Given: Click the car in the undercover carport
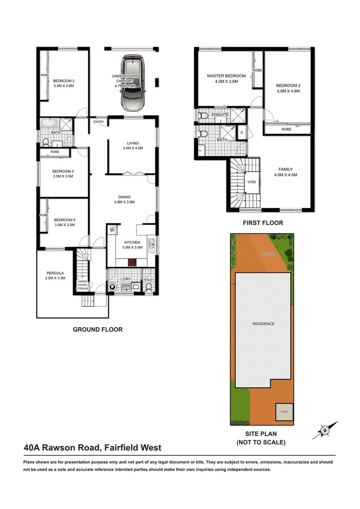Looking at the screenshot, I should [133, 83].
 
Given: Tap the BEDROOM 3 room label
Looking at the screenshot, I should [64, 81].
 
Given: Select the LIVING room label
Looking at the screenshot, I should [132, 143].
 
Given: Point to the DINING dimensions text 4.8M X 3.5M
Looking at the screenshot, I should [124, 202].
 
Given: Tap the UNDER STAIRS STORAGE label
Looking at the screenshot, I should [82, 285].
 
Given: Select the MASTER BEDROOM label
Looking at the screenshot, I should [226, 76].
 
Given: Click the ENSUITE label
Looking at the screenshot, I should [220, 115].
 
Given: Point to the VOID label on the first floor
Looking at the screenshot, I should [251, 182].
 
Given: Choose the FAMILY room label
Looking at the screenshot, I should [286, 170].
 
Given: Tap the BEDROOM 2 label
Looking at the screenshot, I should [288, 86].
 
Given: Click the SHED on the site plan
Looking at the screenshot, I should [284, 412].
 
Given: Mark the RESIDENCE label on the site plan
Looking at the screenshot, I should [263, 324].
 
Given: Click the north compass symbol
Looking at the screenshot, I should [325, 430].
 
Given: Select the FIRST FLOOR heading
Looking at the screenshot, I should [263, 223].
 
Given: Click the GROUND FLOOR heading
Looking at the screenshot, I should [98, 330].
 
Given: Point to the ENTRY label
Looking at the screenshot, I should [98, 122].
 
